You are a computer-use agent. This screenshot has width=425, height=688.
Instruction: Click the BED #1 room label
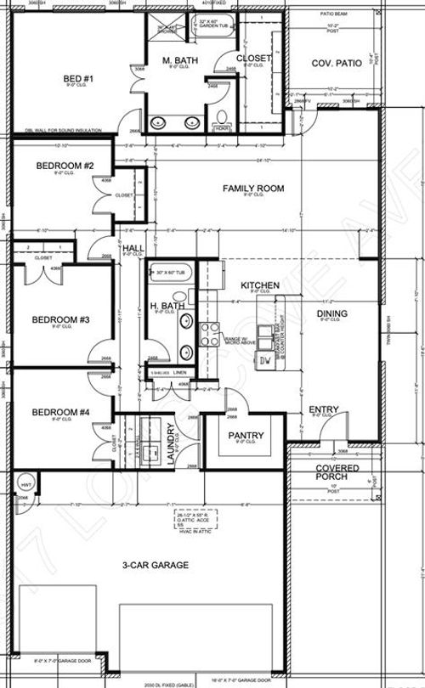pos(71,79)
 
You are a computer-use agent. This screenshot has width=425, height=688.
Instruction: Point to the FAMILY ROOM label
pos(252,188)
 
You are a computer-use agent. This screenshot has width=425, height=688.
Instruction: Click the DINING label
pos(332,314)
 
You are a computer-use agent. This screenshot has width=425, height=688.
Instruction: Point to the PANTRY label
pos(246,436)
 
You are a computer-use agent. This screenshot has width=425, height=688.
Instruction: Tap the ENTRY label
pos(323,410)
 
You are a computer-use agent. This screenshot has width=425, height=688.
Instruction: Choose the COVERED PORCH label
pos(337,473)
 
